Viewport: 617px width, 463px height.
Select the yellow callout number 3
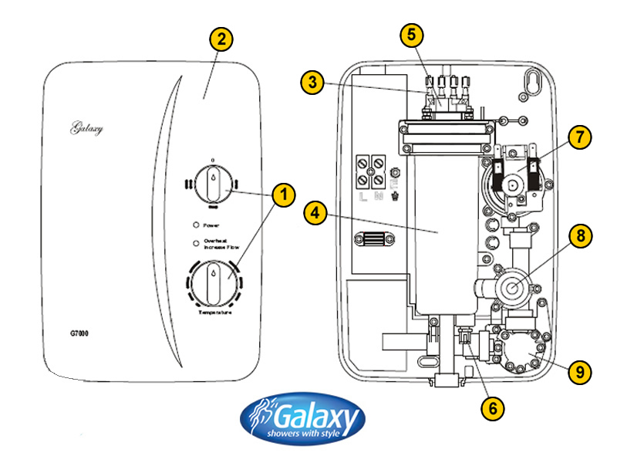click(312, 83)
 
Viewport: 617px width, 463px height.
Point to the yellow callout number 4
click(315, 213)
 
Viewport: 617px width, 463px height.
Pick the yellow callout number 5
click(412, 35)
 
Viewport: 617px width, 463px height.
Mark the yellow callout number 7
click(578, 137)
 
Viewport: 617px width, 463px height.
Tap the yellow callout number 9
click(578, 371)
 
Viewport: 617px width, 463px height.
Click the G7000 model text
click(70, 335)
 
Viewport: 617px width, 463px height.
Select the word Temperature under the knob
click(215, 313)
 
